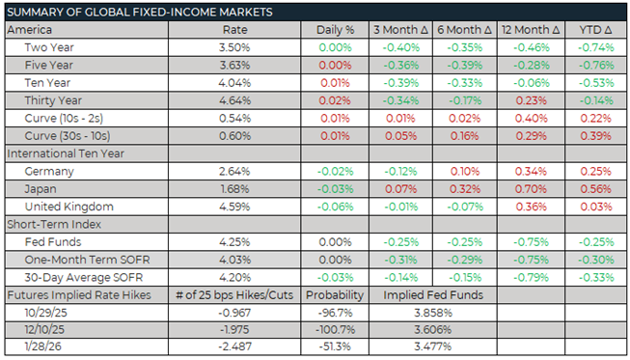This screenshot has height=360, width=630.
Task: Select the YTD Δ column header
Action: (590, 29)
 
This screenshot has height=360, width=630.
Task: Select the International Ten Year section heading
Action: (69, 152)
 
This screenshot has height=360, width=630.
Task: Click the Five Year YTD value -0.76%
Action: (590, 64)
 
